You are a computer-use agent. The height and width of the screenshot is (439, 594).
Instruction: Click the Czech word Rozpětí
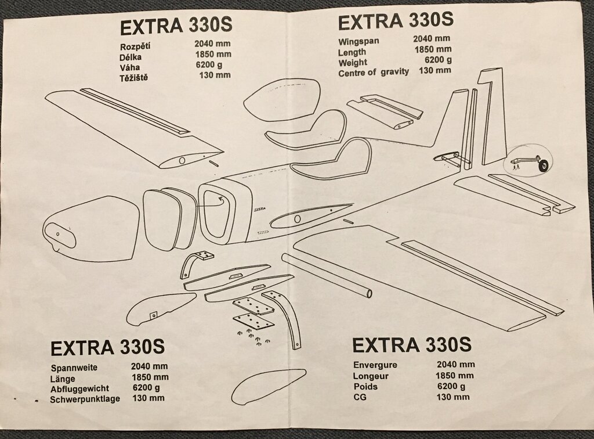point(136,46)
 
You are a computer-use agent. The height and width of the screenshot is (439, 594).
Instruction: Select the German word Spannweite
point(74,368)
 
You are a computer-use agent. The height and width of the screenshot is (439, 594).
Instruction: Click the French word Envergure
point(375,365)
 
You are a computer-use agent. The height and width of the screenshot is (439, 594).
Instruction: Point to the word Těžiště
point(135,77)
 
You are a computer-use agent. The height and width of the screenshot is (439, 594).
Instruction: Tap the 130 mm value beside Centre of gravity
point(435,71)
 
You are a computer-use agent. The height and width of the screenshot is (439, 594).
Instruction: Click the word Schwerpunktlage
point(85,399)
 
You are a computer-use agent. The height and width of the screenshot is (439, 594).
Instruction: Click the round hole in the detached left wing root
point(182,159)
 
